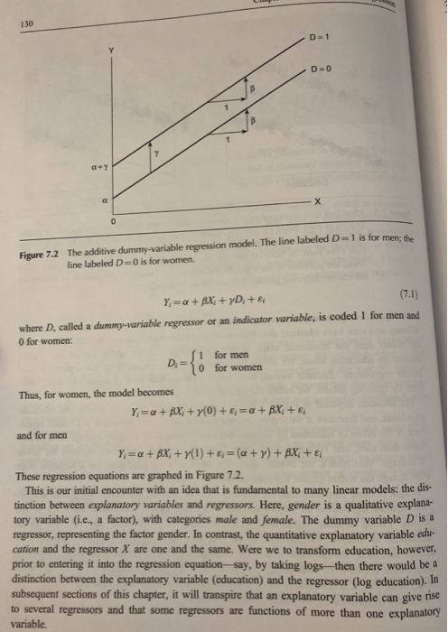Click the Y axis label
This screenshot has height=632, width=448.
pyautogui.click(x=113, y=51)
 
